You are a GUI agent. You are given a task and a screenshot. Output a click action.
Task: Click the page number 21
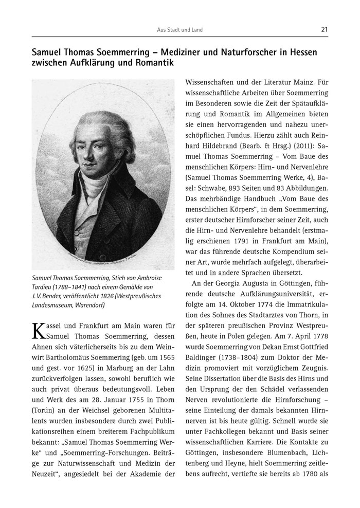pyautogui.click(x=324, y=30)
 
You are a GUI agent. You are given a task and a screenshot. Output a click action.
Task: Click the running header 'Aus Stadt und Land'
pyautogui.click(x=179, y=30)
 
